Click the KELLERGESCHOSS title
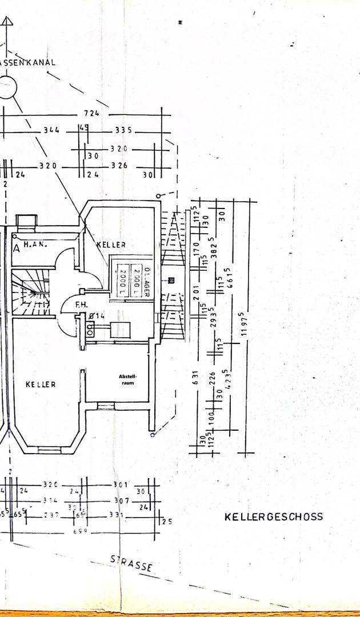273,516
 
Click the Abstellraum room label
128,379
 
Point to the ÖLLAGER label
147,282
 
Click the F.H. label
81,306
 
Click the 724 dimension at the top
91,113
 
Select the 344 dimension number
51,131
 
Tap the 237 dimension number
51,515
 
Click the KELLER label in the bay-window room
41,384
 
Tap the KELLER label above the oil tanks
111,245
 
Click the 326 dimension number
119,166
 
